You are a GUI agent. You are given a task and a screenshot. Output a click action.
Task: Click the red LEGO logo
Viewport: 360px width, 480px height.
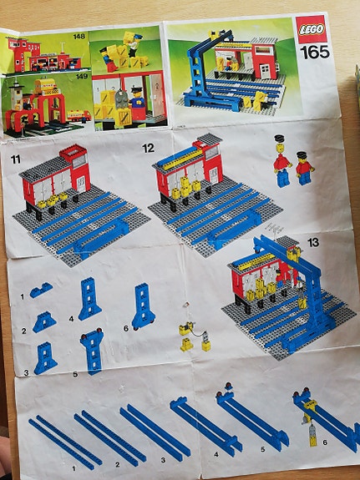311,29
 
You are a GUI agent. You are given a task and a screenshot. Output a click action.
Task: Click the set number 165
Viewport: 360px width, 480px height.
315,53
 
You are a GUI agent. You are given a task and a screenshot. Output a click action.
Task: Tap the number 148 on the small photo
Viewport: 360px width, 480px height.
79,37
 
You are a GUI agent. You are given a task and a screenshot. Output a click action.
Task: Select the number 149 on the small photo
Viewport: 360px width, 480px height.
82,76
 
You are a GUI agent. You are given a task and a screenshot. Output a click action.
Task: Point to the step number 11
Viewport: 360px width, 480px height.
16,159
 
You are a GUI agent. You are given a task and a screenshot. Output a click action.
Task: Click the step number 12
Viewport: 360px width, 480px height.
148,149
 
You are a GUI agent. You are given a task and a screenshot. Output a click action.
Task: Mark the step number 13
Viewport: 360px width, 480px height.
313,243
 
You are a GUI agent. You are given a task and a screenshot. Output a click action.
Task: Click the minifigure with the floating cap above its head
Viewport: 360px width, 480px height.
281,161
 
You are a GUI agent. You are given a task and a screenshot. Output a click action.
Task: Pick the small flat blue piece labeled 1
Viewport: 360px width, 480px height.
41,290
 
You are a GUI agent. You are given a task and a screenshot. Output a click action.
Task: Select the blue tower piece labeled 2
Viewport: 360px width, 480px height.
44,322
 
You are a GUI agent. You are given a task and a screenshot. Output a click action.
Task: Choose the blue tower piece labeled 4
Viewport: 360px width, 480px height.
89,299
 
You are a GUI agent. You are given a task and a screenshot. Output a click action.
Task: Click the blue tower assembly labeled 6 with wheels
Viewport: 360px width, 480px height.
143,306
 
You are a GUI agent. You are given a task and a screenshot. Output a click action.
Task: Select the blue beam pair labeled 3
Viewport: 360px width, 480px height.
155,432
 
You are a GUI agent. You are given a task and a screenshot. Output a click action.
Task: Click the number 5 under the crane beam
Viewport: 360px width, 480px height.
262,449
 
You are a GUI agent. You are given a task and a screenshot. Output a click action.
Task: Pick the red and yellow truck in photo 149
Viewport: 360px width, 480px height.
79,115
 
